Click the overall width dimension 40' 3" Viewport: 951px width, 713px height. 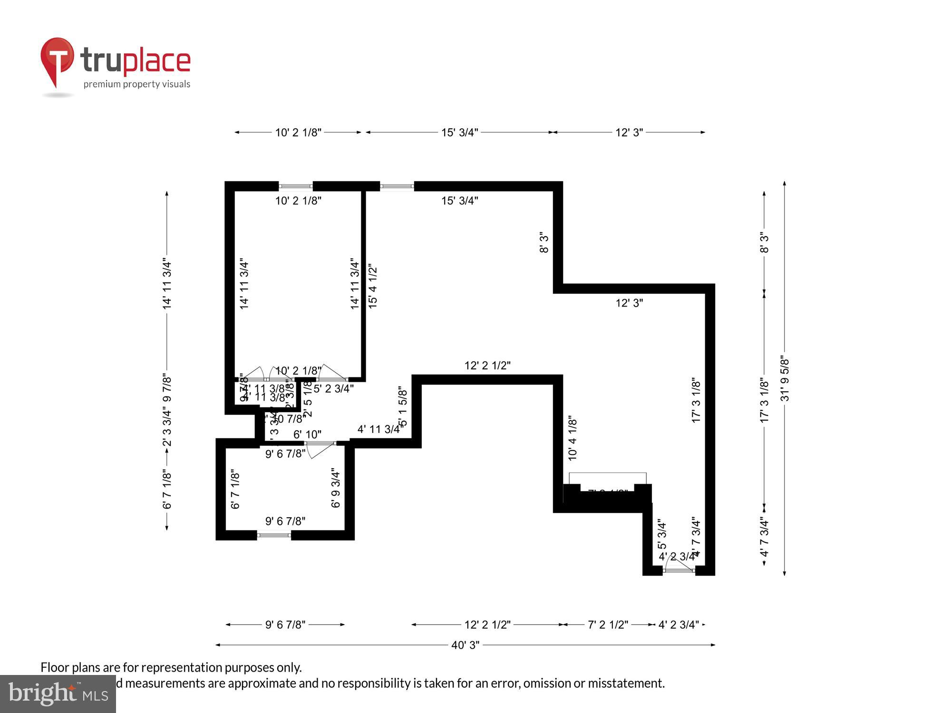[x=465, y=645]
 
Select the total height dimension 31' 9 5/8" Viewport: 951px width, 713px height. [x=785, y=379]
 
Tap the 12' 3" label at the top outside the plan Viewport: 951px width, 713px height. [x=629, y=133]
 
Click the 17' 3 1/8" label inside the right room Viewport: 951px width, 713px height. [x=696, y=400]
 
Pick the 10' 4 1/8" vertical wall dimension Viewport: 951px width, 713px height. [x=573, y=438]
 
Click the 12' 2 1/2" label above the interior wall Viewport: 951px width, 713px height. [x=487, y=366]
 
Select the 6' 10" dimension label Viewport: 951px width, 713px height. [x=307, y=434]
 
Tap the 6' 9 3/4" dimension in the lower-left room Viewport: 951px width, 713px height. [x=336, y=489]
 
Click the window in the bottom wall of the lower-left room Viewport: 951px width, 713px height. [x=274, y=535]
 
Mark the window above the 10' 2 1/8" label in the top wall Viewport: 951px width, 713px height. [x=295, y=186]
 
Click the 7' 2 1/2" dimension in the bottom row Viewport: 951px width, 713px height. [x=608, y=625]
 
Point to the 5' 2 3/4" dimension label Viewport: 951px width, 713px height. [x=333, y=389]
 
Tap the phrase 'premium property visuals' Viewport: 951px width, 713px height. [x=137, y=85]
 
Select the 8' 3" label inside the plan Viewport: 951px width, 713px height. [x=544, y=242]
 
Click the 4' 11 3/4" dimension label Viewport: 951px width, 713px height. [x=379, y=429]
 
